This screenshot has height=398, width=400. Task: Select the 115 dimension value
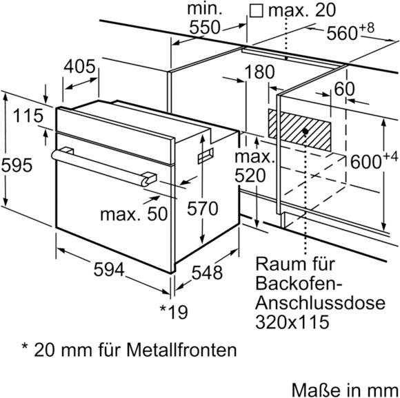[28, 116]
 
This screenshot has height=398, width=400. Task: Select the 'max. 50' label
[134, 214]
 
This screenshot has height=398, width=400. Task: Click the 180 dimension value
[259, 72]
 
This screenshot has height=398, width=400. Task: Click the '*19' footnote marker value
[173, 311]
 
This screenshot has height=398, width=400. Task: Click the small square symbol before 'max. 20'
[257, 10]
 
